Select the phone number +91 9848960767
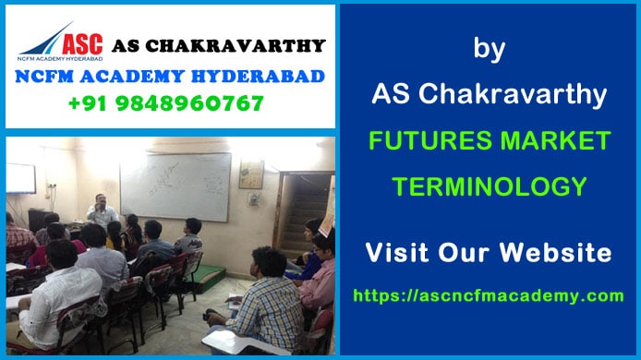[165, 102]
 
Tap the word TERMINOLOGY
[489, 187]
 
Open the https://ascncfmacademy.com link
[489, 295]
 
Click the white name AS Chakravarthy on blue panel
[489, 94]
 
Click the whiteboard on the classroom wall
[175, 185]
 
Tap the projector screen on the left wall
[19, 178]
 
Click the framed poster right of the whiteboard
[250, 174]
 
